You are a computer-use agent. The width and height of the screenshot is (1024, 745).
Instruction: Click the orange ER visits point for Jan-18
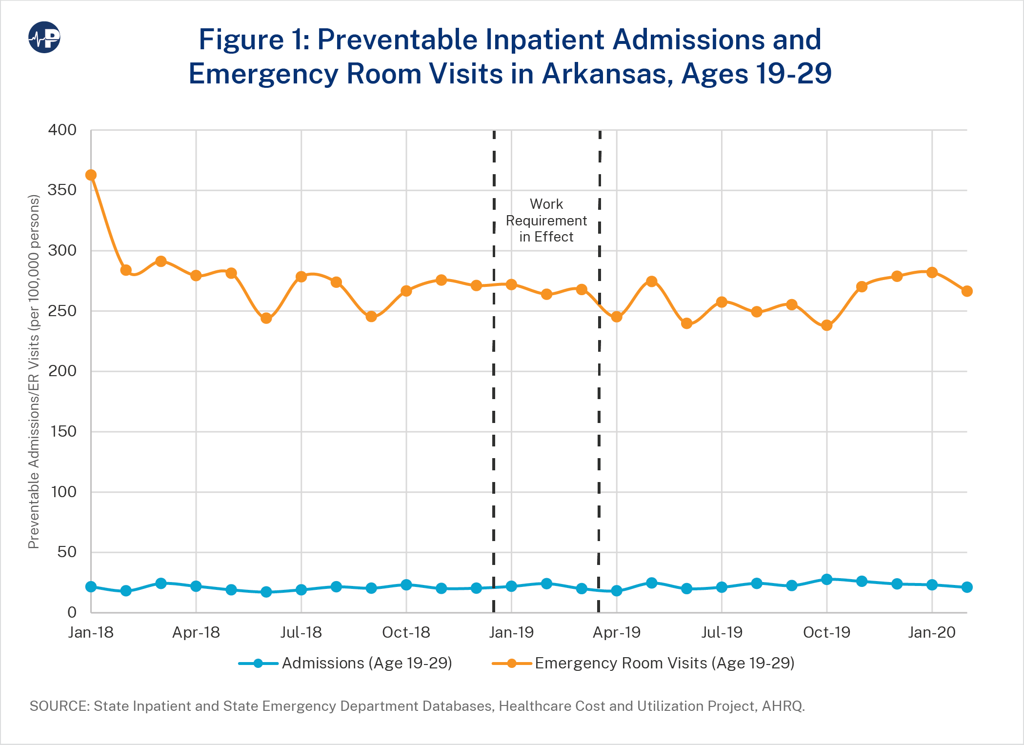pyautogui.click(x=91, y=175)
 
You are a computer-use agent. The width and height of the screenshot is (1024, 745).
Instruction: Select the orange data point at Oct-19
pyautogui.click(x=826, y=325)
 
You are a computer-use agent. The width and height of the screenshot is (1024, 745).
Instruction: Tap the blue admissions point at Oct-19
pyautogui.click(x=826, y=580)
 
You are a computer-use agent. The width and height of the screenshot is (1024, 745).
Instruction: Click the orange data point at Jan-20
pyautogui.click(x=932, y=273)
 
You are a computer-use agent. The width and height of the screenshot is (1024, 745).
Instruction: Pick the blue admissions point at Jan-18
pyautogui.click(x=91, y=587)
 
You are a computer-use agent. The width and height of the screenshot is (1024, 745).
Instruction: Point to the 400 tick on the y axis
pyautogui.click(x=62, y=130)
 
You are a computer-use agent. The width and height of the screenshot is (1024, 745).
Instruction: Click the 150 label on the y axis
pyautogui.click(x=62, y=432)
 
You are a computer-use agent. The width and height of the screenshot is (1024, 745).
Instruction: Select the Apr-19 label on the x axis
pyautogui.click(x=616, y=633)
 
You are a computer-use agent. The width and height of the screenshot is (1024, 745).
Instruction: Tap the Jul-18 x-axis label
pyautogui.click(x=301, y=633)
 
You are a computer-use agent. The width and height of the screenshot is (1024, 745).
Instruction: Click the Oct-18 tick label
pyautogui.click(x=406, y=633)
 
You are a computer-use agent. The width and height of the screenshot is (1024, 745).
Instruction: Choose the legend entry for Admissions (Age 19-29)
pyautogui.click(x=345, y=664)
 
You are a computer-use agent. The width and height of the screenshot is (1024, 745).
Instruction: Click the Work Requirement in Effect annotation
pyautogui.click(x=546, y=221)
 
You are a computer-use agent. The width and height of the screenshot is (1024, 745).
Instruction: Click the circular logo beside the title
pyautogui.click(x=44, y=37)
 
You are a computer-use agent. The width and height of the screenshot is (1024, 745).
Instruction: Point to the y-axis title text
pyautogui.click(x=33, y=371)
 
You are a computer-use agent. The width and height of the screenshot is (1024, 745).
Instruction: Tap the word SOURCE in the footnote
pyautogui.click(x=59, y=706)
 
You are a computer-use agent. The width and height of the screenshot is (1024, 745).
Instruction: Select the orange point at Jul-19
pyautogui.click(x=722, y=302)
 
